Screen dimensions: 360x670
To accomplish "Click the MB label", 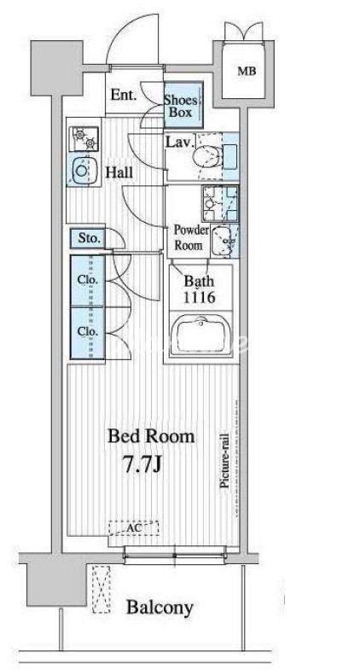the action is click(247, 71).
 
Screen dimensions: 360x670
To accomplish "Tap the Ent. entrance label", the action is click(124, 95).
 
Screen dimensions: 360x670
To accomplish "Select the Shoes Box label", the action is click(181, 107).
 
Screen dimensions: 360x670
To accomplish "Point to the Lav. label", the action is click(180, 142).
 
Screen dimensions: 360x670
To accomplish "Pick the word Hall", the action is click(119, 172).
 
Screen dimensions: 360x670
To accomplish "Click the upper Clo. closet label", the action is click(88, 280).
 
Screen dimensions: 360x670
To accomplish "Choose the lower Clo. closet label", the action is click(88, 331).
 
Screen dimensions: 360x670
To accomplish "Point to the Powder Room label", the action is click(190, 237).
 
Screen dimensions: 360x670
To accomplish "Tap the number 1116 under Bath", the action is click(200, 297).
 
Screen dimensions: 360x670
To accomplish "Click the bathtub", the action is click(200, 336).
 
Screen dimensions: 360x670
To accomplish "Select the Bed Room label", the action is click(151, 437).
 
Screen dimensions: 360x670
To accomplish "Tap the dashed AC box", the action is click(134, 527).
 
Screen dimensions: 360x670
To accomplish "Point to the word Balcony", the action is click(160, 607).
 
